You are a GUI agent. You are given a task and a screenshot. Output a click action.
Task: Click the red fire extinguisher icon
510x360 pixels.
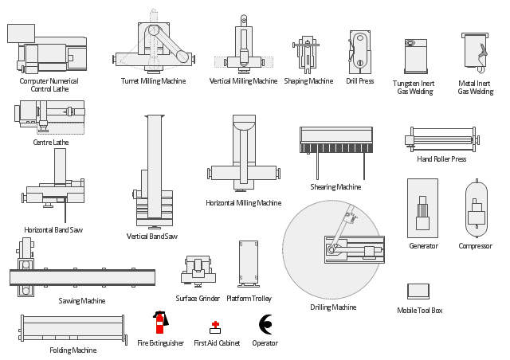(159, 323)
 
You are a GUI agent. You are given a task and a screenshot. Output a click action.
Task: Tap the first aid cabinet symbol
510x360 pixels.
(215, 327)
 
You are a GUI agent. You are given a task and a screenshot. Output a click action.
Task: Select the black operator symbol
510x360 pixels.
(265, 323)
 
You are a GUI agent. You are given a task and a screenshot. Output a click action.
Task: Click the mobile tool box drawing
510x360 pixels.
(418, 292)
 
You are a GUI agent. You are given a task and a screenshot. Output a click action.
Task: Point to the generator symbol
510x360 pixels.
(422, 207)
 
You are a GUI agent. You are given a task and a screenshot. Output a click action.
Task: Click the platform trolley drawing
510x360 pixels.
(250, 263)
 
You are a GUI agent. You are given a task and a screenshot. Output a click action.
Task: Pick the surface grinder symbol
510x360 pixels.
(198, 271)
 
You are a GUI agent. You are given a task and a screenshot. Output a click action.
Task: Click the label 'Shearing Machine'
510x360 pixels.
(335, 187)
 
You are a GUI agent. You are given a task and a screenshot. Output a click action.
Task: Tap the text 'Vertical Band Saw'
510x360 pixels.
(151, 237)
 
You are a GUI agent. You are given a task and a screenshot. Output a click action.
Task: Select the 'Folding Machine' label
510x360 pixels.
(73, 350)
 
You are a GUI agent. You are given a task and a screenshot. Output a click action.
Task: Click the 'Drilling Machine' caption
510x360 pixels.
(333, 307)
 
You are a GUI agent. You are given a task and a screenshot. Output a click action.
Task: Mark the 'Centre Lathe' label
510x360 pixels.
(50, 143)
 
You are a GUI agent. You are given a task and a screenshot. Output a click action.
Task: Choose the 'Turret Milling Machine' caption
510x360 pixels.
(153, 81)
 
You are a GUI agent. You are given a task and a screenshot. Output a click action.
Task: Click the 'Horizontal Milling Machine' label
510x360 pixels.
(243, 203)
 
